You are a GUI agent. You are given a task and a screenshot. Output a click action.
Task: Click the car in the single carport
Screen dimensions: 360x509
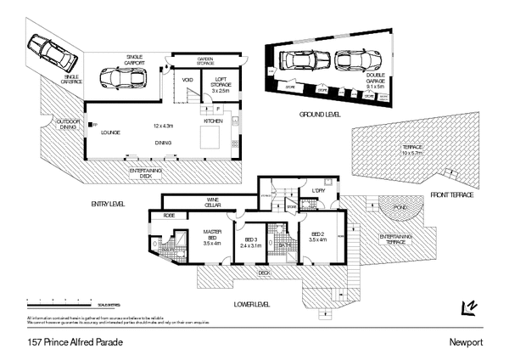point(119,77)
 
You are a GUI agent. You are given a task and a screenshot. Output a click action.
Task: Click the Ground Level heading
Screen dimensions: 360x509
point(320,113)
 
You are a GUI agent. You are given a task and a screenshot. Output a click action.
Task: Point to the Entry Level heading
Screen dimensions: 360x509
point(107,204)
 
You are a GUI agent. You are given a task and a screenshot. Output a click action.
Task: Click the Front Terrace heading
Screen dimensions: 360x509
point(451,195)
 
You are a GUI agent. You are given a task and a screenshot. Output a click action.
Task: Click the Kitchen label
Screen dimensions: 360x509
point(213,122)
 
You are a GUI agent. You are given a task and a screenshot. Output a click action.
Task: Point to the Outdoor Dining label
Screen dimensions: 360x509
point(68,124)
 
